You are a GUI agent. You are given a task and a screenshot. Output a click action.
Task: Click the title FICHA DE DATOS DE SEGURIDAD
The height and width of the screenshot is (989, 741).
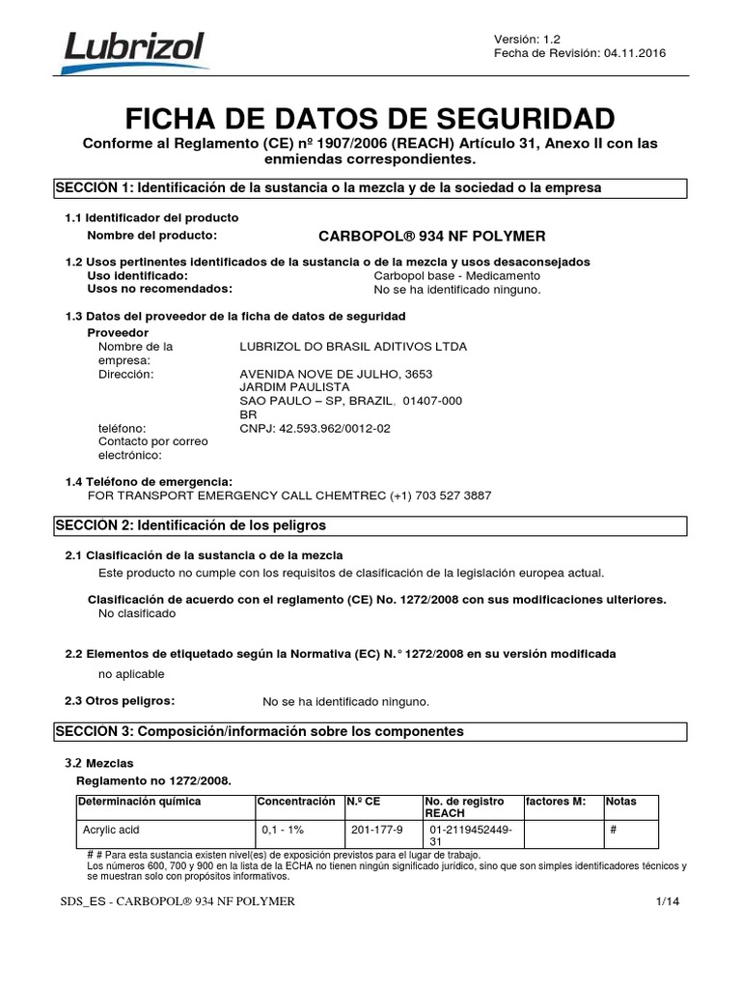(370, 119)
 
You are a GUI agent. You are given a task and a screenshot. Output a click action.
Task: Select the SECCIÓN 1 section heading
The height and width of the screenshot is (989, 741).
(328, 187)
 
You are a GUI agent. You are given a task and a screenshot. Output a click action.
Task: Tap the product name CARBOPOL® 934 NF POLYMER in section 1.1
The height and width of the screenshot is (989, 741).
(431, 236)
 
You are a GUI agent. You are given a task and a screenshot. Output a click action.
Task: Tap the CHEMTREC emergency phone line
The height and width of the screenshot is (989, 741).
(289, 495)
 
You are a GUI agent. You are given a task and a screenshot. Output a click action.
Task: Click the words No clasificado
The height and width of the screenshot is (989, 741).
(137, 613)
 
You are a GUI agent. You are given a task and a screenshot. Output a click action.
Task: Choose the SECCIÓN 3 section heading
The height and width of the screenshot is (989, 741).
(259, 732)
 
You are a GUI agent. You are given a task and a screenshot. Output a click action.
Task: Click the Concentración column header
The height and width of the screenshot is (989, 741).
(295, 802)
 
